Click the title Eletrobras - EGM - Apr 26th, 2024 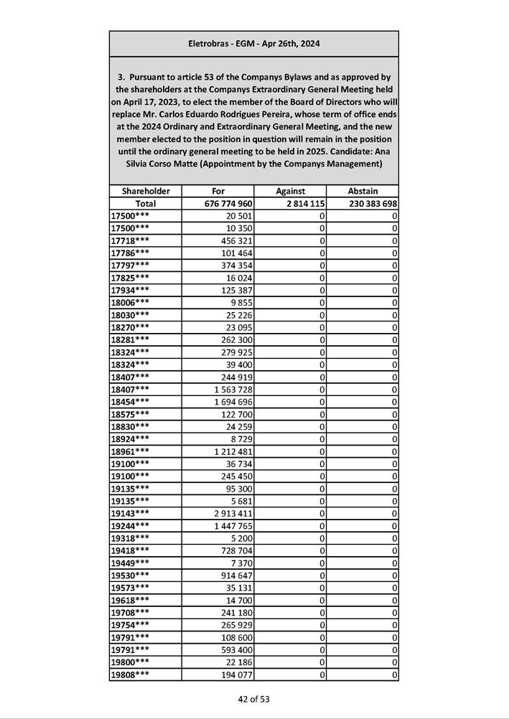click(254, 44)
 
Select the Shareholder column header click(146, 191)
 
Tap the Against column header click(290, 191)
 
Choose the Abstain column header click(363, 191)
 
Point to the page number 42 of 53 click(254, 699)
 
